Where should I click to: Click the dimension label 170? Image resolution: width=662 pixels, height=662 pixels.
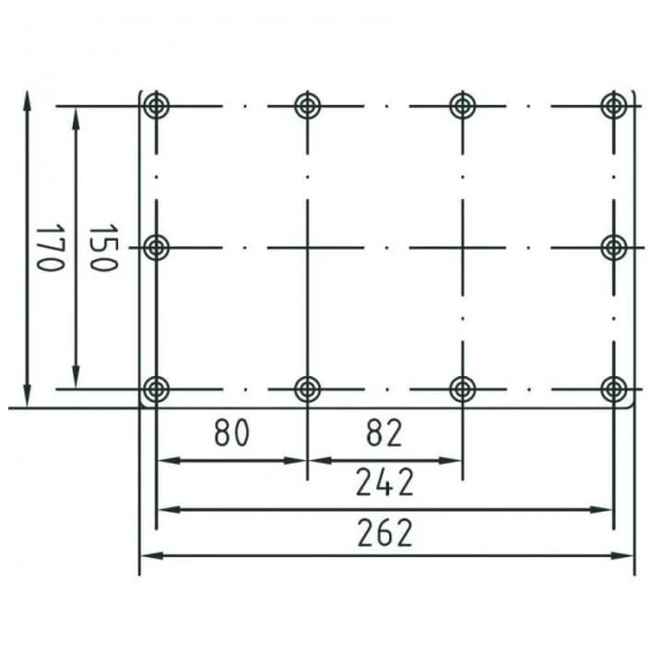pyautogui.click(x=50, y=248)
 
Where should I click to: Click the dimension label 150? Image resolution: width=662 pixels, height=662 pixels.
pyautogui.click(x=103, y=248)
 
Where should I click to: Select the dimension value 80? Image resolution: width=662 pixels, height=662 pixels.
pyautogui.click(x=231, y=432)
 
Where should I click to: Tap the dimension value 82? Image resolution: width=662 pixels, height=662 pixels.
pyautogui.click(x=384, y=432)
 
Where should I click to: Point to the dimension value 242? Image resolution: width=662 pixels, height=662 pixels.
pyautogui.click(x=385, y=482)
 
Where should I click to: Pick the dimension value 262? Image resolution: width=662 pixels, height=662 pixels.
pyautogui.click(x=385, y=533)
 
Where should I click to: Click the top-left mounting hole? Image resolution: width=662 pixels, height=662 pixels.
pyautogui.click(x=156, y=105)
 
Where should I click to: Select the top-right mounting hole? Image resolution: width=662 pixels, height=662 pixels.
pyautogui.click(x=613, y=105)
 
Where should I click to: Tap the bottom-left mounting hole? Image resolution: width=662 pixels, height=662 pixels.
pyautogui.click(x=156, y=389)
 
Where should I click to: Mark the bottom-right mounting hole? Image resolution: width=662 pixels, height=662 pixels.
pyautogui.click(x=613, y=389)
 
